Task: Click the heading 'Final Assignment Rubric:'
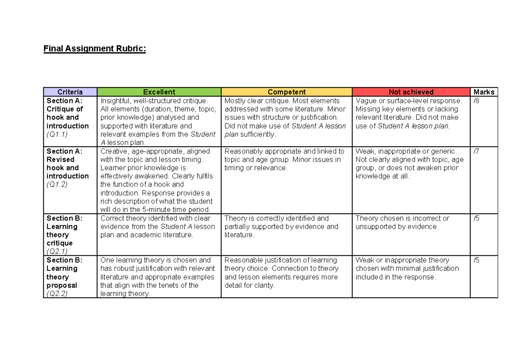click(95, 49)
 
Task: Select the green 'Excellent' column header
click(159, 92)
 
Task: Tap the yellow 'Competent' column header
click(287, 92)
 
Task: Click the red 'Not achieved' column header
click(411, 92)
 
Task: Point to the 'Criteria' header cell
click(70, 92)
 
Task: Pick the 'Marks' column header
click(484, 92)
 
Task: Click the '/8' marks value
click(477, 101)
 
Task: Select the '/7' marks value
click(477, 151)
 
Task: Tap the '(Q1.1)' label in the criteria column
click(57, 134)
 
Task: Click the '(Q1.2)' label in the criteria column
click(57, 184)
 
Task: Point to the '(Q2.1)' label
click(57, 251)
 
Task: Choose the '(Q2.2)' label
click(57, 293)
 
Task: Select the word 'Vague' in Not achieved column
click(366, 101)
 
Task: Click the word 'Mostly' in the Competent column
click(235, 101)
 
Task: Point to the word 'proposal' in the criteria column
click(62, 285)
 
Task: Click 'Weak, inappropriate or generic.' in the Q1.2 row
click(406, 151)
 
